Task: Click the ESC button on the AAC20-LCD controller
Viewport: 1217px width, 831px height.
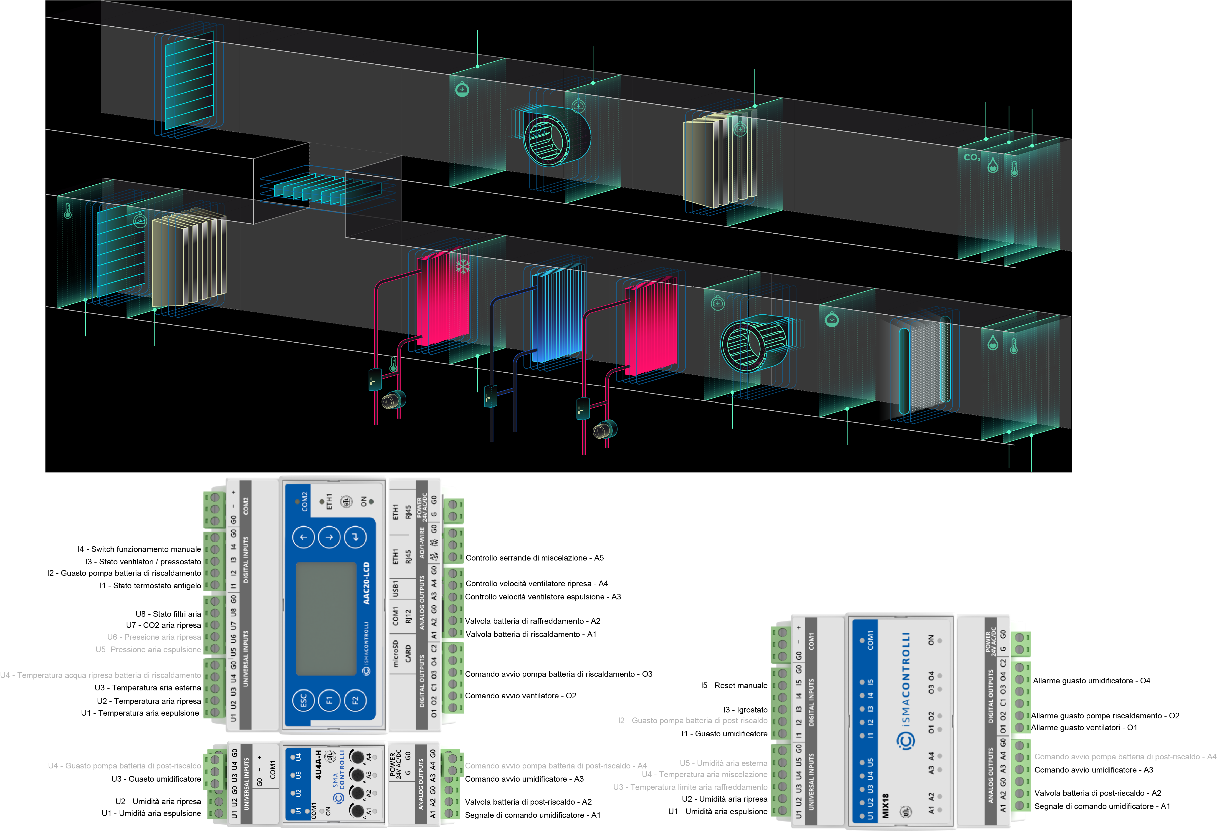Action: [303, 701]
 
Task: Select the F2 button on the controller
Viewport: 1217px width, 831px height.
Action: [356, 701]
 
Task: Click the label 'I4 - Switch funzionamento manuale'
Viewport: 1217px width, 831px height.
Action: [139, 549]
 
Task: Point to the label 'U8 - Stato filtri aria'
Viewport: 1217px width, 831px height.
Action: [168, 614]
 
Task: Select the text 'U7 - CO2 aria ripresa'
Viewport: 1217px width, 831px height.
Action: [163, 625]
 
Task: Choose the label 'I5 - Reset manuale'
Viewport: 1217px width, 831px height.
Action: [734, 685]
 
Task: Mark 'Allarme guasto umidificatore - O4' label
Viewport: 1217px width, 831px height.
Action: [1091, 681]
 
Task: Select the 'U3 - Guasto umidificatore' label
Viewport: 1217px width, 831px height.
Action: [156, 779]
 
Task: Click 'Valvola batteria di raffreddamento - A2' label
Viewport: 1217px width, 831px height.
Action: [533, 621]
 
